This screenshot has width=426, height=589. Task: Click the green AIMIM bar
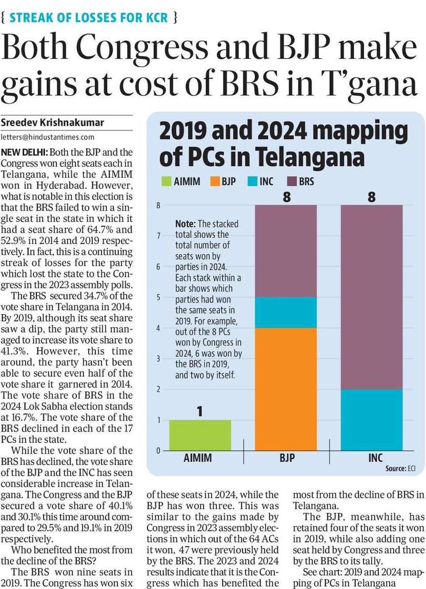point(200,435)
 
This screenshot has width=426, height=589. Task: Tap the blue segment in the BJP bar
point(286,312)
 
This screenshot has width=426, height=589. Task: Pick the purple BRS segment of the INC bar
point(372,297)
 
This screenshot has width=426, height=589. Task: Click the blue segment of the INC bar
point(372,420)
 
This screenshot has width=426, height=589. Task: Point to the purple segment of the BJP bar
point(286,251)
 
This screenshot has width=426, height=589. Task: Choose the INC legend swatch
point(254,181)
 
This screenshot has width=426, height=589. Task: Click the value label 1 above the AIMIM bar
point(200,412)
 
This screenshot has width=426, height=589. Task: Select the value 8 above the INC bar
point(372,196)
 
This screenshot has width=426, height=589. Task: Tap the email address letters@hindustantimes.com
point(48,137)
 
